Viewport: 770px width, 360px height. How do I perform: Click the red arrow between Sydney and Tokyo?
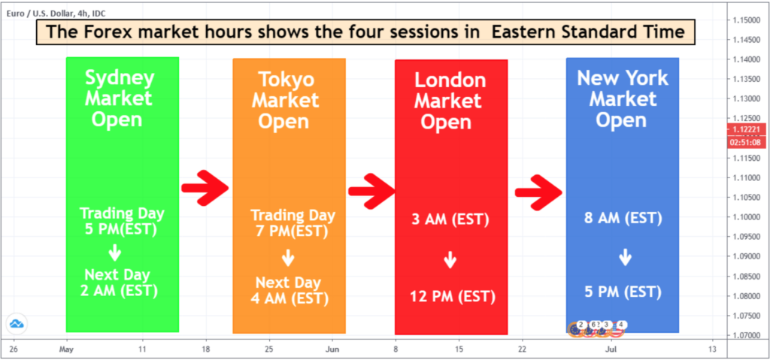[205, 188]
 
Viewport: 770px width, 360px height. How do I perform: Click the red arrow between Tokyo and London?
[371, 191]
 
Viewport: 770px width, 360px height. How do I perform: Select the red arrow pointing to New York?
[538, 192]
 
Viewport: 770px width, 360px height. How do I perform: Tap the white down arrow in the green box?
[115, 253]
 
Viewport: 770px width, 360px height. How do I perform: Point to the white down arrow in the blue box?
[625, 257]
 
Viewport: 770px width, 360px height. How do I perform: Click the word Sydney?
[120, 78]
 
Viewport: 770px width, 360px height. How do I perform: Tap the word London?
[450, 80]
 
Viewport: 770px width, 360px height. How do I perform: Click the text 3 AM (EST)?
[451, 219]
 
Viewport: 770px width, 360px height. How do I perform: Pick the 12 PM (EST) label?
[453, 297]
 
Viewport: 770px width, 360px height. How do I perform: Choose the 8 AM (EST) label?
[622, 217]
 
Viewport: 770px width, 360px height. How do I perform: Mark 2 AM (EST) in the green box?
[120, 291]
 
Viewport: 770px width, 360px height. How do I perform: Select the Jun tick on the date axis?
[332, 349]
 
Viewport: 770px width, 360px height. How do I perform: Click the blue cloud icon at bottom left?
[17, 324]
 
